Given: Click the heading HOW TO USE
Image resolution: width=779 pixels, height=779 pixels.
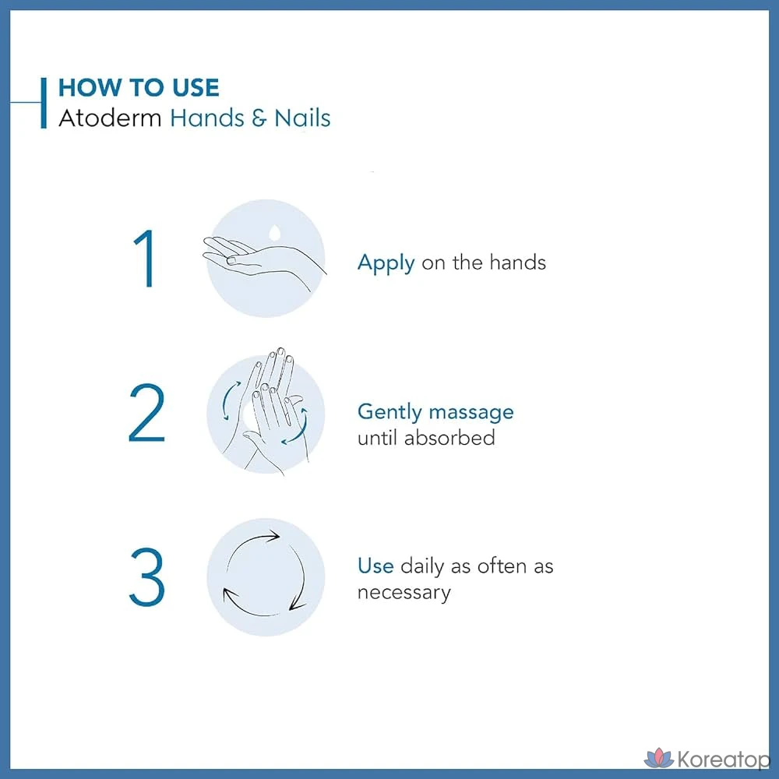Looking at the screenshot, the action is [x=139, y=88].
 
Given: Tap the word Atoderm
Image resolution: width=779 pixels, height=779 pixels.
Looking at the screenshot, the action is [x=110, y=118].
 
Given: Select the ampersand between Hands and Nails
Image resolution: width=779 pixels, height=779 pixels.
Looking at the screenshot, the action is [x=259, y=118].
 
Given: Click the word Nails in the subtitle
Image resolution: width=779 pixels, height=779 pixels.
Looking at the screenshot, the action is [x=302, y=118].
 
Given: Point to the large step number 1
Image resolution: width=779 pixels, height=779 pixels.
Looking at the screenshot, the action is [x=145, y=259].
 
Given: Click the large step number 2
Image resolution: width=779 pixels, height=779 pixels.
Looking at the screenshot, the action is [x=146, y=412].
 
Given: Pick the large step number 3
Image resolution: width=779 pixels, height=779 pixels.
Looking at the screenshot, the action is [x=146, y=576].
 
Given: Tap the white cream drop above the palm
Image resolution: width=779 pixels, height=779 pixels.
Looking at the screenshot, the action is [x=274, y=232].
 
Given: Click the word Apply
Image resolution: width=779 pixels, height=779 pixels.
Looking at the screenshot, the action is [x=386, y=263].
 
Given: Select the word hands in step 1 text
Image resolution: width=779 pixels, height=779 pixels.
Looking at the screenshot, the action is [x=518, y=263].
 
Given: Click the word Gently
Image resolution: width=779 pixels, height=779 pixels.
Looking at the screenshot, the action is [x=389, y=412].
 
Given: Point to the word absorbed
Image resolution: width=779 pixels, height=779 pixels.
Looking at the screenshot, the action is [x=449, y=438].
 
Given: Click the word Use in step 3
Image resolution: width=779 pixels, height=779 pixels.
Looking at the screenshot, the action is [x=375, y=566].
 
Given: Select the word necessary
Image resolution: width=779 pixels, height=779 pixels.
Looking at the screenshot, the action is [x=404, y=593].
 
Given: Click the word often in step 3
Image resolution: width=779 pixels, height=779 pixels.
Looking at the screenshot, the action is [x=501, y=566].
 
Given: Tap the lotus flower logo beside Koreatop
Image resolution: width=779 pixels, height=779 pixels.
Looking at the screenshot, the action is [x=659, y=758].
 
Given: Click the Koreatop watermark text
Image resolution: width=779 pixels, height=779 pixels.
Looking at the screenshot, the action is [x=723, y=760].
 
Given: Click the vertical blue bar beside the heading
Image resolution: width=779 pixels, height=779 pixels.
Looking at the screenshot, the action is [x=44, y=103].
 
